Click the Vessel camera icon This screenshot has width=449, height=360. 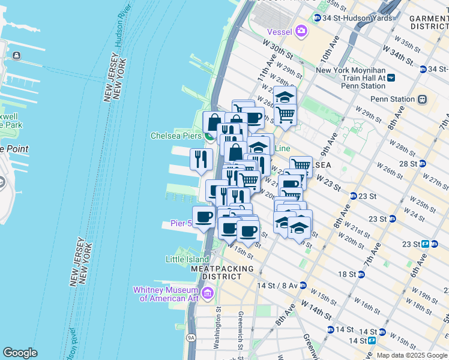pyautogui.click(x=301, y=31)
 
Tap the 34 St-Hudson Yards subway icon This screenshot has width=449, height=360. pyautogui.click(x=317, y=18)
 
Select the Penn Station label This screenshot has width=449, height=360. pyautogui.click(x=393, y=99)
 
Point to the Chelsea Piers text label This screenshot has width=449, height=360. pyautogui.click(x=175, y=136)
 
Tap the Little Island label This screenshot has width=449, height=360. pyautogui.click(x=187, y=259)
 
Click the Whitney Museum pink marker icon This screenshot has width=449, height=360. pyautogui.click(x=208, y=293)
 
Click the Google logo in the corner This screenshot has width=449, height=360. pyautogui.click(x=20, y=353)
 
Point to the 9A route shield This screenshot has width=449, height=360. pyautogui.click(x=191, y=338)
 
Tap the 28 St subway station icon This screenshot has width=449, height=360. pyautogui.click(x=423, y=163)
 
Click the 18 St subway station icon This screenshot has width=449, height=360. pyautogui.click(x=361, y=274)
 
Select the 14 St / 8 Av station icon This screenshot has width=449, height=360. pyautogui.click(x=303, y=286)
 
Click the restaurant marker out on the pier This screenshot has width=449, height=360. pyautogui.click(x=201, y=158)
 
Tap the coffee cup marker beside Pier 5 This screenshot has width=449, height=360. pyautogui.click(x=203, y=216)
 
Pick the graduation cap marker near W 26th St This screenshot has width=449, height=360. pyautogui.click(x=285, y=97)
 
